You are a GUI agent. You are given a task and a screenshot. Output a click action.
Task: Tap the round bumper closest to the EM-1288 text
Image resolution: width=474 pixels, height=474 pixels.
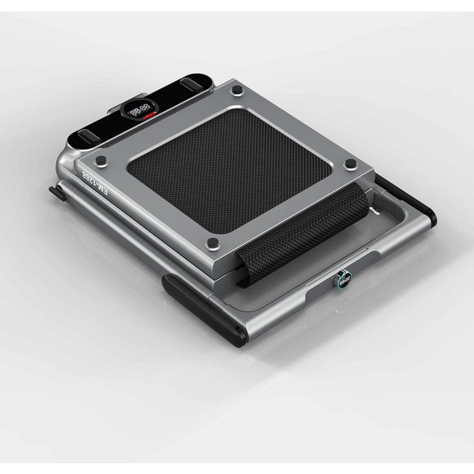[101, 160]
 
